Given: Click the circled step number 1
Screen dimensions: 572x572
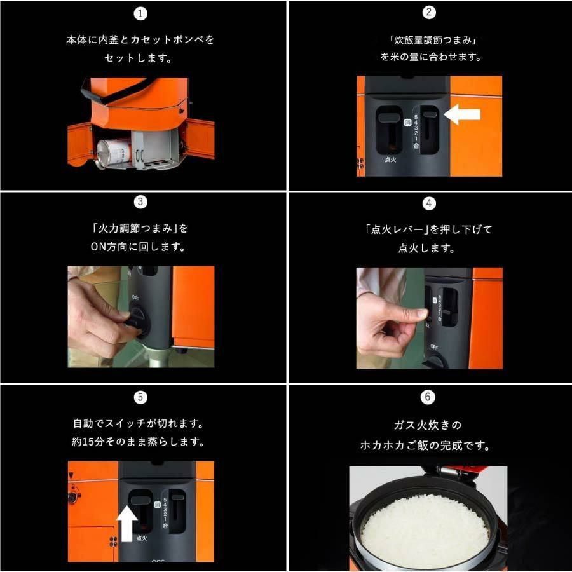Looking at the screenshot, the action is click(x=140, y=14).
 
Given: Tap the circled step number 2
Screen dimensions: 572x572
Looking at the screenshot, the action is click(x=429, y=12).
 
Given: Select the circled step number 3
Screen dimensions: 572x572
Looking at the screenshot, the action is click(x=140, y=201).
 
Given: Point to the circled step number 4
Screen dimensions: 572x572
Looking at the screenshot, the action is click(x=429, y=203).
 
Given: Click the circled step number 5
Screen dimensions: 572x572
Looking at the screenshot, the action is click(x=140, y=397).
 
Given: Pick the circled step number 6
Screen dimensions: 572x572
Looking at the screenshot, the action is click(x=428, y=397).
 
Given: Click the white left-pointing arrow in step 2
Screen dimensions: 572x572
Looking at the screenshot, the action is click(x=462, y=114).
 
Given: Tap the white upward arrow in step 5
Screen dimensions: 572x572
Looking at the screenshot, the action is click(x=126, y=523).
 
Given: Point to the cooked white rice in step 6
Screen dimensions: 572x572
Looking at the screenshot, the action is click(x=425, y=528).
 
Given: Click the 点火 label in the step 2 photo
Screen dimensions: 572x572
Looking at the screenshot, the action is click(x=390, y=160).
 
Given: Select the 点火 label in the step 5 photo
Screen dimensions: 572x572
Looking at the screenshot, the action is click(x=142, y=538).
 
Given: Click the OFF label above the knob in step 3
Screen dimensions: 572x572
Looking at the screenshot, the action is click(x=135, y=297).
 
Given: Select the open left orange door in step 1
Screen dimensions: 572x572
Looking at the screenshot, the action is click(x=79, y=144).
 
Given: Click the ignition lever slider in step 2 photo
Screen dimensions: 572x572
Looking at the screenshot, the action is click(x=389, y=118).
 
